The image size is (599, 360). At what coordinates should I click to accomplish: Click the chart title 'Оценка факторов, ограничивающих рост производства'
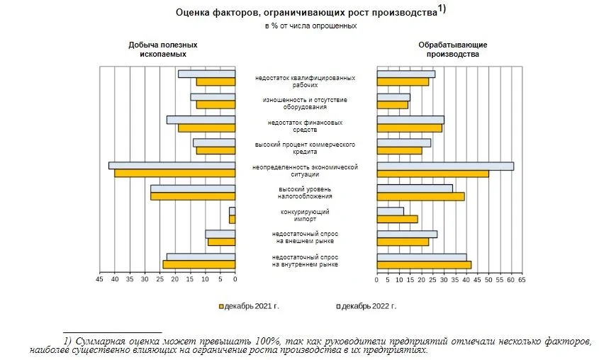(x=306, y=12)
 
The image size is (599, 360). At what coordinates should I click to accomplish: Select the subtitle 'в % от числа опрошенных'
(x=306, y=26)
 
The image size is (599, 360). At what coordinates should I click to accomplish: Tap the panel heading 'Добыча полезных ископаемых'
(x=162, y=49)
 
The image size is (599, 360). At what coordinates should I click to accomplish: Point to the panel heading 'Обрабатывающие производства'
(x=453, y=49)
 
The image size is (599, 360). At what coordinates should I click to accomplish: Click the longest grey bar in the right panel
(x=445, y=166)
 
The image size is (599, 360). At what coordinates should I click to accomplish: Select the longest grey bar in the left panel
(x=172, y=165)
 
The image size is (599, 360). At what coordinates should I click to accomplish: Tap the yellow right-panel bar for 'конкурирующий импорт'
(x=397, y=219)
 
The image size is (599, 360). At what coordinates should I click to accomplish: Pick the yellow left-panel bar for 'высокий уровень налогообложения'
(x=192, y=196)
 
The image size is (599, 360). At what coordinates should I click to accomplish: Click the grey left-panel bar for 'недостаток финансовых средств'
(x=201, y=120)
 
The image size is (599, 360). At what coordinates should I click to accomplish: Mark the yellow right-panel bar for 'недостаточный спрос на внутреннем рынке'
(x=423, y=265)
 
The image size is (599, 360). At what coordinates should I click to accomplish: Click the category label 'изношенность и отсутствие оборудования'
(x=305, y=103)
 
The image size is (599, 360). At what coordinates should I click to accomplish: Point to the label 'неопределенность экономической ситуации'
(x=305, y=171)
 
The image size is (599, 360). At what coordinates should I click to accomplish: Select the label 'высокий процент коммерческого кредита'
(x=305, y=148)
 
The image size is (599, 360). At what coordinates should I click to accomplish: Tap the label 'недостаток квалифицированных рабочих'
(x=305, y=81)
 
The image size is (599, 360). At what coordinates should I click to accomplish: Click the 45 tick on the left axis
(x=99, y=281)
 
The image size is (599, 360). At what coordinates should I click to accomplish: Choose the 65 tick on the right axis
(x=521, y=281)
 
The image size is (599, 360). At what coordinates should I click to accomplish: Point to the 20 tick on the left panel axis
(x=174, y=281)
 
